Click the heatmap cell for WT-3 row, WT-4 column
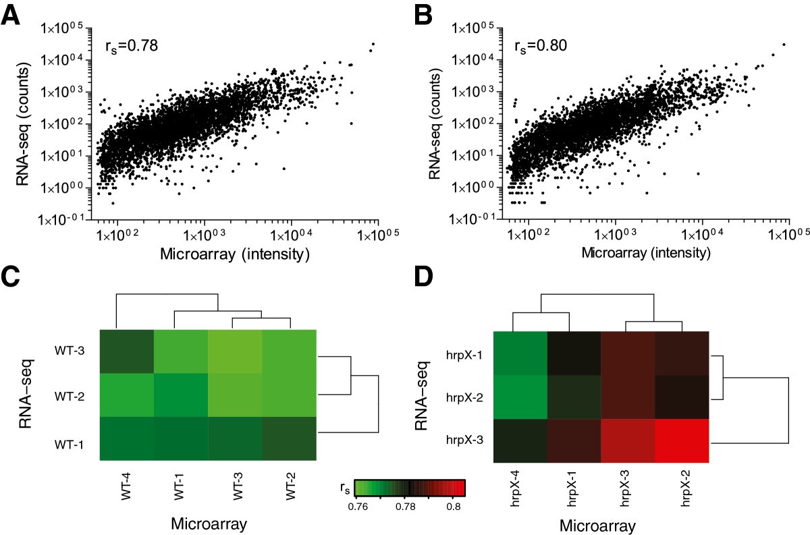(126, 351)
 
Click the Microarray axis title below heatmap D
(601, 524)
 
